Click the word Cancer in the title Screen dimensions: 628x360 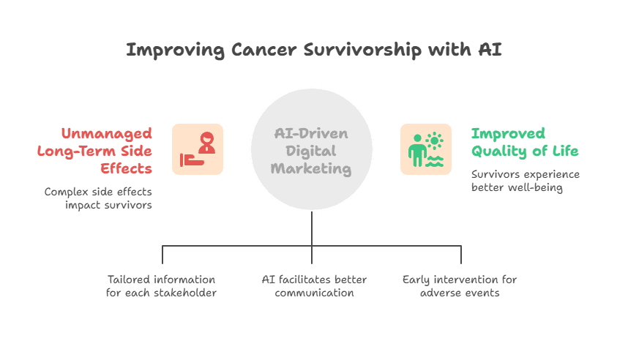tap(264, 50)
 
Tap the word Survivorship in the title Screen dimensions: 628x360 tap(362, 50)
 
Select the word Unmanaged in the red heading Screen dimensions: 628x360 tap(107, 134)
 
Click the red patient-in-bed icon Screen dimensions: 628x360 tap(198, 149)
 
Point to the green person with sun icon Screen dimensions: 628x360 tap(426, 149)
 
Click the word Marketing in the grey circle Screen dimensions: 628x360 tap(311, 168)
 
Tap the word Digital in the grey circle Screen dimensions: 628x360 tap(311, 151)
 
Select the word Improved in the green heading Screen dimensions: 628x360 tap(508, 134)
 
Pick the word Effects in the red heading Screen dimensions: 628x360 tap(126, 168)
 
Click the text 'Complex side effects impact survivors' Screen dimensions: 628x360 tap(98, 198)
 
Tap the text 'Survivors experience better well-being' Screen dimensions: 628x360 tap(526, 181)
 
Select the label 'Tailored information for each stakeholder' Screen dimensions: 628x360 tap(162, 286)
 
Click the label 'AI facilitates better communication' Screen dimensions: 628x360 tap(315, 286)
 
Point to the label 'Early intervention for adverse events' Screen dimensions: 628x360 tap(460, 286)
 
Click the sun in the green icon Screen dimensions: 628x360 tap(435, 141)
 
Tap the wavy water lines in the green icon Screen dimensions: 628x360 tap(435, 161)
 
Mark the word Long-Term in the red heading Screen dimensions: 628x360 tap(75, 151)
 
